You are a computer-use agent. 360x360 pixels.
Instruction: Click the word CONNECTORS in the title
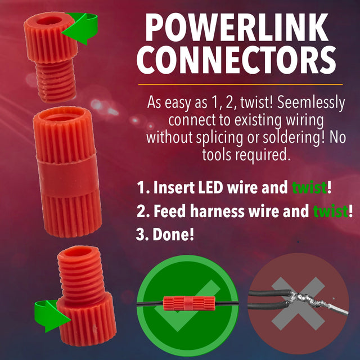(x=237, y=61)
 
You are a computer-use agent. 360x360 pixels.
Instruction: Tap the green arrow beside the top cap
(x=82, y=28)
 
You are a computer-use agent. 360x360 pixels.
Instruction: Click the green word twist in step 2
(x=330, y=211)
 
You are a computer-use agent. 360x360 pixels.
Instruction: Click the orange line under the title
(x=240, y=84)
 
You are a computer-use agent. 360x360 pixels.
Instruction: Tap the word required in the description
(x=263, y=154)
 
